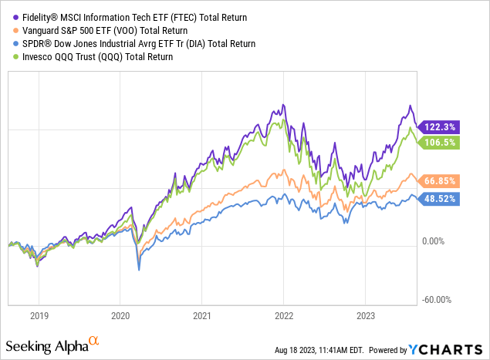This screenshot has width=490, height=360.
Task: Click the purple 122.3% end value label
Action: tap(438, 126)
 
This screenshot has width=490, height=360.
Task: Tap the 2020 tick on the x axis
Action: tap(120, 315)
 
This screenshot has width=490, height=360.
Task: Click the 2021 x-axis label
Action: tap(201, 315)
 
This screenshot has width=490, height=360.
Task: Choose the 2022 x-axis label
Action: tap(283, 315)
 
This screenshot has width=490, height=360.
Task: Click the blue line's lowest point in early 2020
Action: tap(139, 269)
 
